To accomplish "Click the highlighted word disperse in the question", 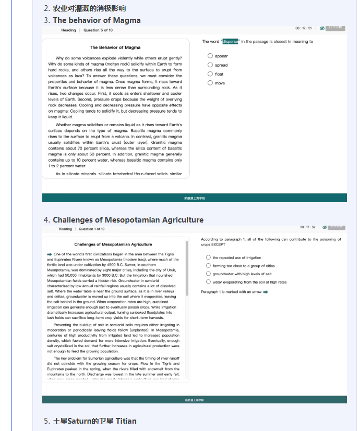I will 230,42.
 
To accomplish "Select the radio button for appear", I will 210,56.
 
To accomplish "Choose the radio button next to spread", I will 210,65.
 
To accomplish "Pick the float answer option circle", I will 210,74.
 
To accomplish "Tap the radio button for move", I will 210,83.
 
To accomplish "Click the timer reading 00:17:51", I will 303,28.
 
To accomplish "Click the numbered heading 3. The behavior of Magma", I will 93,20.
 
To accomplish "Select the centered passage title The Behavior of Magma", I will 115,47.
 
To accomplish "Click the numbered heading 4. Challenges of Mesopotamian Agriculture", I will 124,220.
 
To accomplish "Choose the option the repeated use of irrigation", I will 208,257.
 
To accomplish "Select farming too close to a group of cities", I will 208,266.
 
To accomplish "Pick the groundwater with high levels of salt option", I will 208,274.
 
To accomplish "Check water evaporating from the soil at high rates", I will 208,282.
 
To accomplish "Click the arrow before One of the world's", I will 50,254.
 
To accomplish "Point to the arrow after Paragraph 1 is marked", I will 266,292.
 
